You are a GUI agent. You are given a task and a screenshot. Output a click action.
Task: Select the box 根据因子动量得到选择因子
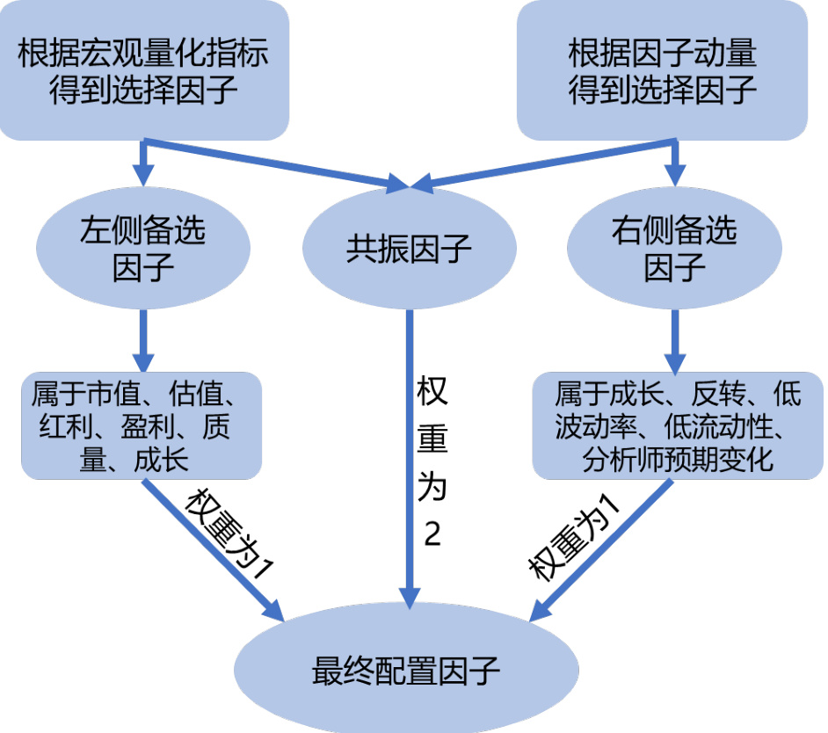(662, 70)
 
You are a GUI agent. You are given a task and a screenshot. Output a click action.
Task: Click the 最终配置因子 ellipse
(406, 672)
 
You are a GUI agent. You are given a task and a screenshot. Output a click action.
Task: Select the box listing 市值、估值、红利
(142, 426)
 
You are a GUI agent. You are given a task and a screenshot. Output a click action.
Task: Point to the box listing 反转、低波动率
(678, 426)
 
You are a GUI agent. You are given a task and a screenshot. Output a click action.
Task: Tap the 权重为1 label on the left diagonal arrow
(230, 532)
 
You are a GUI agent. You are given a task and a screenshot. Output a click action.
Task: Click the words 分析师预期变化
(678, 460)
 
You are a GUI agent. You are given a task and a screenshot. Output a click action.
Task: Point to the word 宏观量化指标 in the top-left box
(185, 55)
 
